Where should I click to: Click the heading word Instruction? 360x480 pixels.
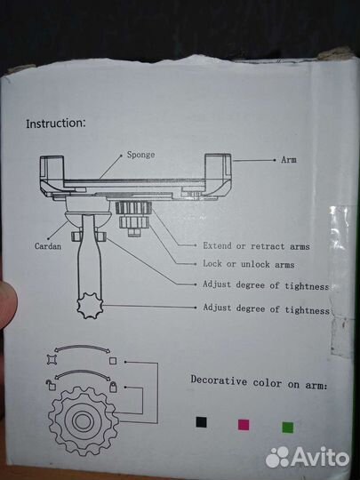tap(56, 124)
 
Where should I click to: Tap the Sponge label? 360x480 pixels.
tap(140, 155)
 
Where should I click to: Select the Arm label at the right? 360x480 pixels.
tap(289, 159)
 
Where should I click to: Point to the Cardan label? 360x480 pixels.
tap(48, 246)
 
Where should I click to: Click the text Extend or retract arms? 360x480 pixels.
tap(256, 246)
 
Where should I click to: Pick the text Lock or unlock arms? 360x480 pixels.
tap(249, 264)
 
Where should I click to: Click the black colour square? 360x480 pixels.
tap(201, 422)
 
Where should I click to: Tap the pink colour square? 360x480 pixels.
tap(244, 425)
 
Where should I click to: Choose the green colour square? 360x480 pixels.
tap(288, 428)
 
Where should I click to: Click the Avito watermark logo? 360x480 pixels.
tap(308, 458)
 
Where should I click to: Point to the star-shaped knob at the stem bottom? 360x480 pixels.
tap(90, 306)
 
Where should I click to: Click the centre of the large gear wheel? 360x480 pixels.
tap(83, 421)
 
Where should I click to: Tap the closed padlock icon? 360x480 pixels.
tap(113, 387)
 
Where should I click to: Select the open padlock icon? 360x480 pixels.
tap(52, 385)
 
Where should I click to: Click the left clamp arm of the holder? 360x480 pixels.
tap(52, 174)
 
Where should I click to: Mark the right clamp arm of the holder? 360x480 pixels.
tap(218, 174)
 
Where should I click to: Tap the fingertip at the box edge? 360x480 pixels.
tap(8, 306)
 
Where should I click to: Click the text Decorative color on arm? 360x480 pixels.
tap(259, 382)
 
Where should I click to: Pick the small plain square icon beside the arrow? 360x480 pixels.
tap(113, 361)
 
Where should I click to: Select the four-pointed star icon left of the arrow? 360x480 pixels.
tap(52, 359)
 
